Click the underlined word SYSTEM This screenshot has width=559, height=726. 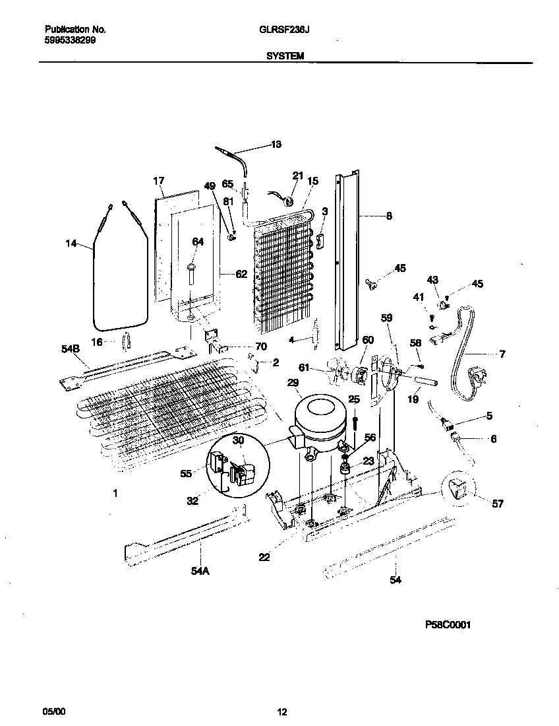coord(285,57)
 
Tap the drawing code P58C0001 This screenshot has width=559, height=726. coord(448,624)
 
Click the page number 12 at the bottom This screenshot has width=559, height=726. coord(281,711)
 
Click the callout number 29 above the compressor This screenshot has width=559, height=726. coord(293,383)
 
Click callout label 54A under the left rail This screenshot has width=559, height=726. coord(200,572)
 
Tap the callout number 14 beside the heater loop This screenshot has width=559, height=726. coord(71,244)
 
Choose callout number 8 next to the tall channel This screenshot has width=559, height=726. coord(389,215)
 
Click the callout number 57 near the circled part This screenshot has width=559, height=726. coord(497,504)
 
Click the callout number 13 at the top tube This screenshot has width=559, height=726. coord(276,144)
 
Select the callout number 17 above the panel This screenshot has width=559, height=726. coord(158,180)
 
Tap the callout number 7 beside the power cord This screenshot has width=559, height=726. coord(502,354)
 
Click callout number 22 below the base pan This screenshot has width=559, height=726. coord(264,558)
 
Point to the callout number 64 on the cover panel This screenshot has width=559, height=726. coord(198,242)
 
